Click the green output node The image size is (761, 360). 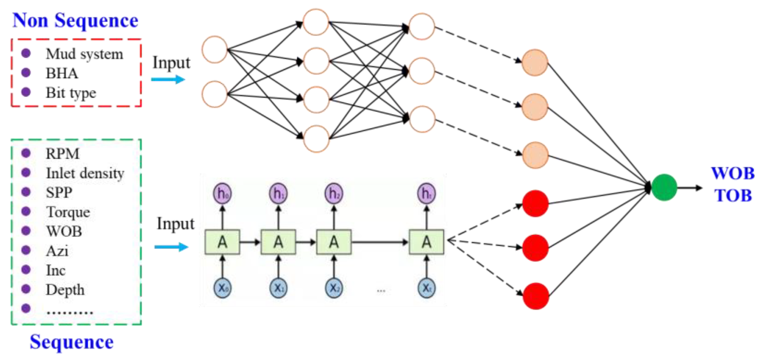[664, 187]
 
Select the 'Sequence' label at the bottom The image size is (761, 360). [71, 342]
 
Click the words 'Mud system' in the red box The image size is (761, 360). [84, 54]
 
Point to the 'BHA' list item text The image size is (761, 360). [62, 73]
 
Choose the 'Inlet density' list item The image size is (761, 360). [85, 173]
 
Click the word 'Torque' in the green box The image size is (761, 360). [68, 212]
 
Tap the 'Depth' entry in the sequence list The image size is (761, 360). [65, 290]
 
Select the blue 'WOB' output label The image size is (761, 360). [733, 174]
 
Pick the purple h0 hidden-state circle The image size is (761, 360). [222, 194]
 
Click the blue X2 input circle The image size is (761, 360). [334, 288]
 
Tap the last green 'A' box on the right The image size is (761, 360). [426, 242]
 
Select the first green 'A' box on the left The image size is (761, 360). [222, 242]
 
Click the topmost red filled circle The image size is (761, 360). [535, 203]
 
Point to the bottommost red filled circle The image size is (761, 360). [536, 296]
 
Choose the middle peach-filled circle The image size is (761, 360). [535, 107]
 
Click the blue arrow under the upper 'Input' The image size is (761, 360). [168, 80]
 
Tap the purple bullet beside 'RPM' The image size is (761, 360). [26, 153]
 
